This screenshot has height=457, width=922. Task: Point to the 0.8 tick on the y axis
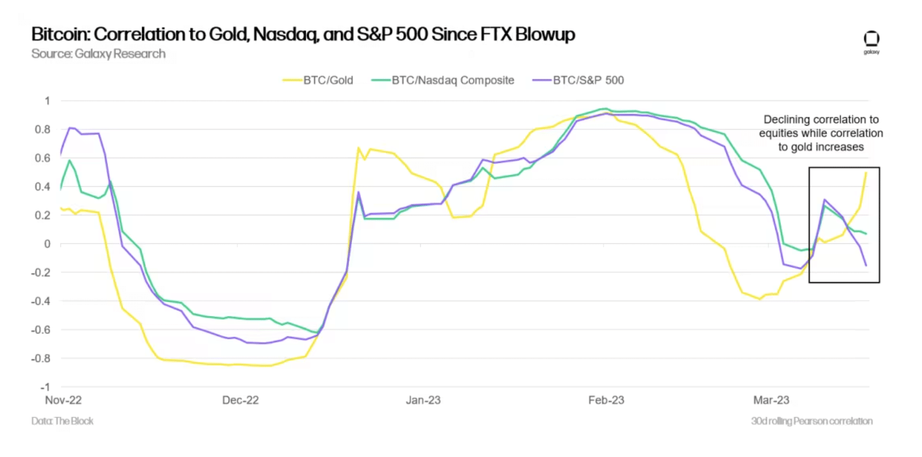click(43, 130)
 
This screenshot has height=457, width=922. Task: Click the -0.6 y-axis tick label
click(41, 330)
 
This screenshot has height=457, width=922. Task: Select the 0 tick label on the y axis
click(47, 244)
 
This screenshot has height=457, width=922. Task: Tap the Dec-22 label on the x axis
click(240, 400)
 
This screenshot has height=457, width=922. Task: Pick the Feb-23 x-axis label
click(606, 400)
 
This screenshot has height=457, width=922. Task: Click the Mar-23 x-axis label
click(771, 400)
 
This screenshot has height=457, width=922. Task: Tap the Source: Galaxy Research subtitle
click(98, 54)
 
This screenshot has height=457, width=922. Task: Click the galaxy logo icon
click(871, 39)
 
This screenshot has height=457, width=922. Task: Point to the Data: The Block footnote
click(62, 421)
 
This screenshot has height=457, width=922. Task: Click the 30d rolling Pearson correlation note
click(811, 421)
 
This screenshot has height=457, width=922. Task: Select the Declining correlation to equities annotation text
click(820, 133)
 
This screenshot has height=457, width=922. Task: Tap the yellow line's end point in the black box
click(866, 173)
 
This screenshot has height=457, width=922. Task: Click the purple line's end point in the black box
click(866, 266)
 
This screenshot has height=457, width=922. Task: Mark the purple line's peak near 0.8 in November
click(70, 128)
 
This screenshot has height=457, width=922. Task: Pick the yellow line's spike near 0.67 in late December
click(358, 148)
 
